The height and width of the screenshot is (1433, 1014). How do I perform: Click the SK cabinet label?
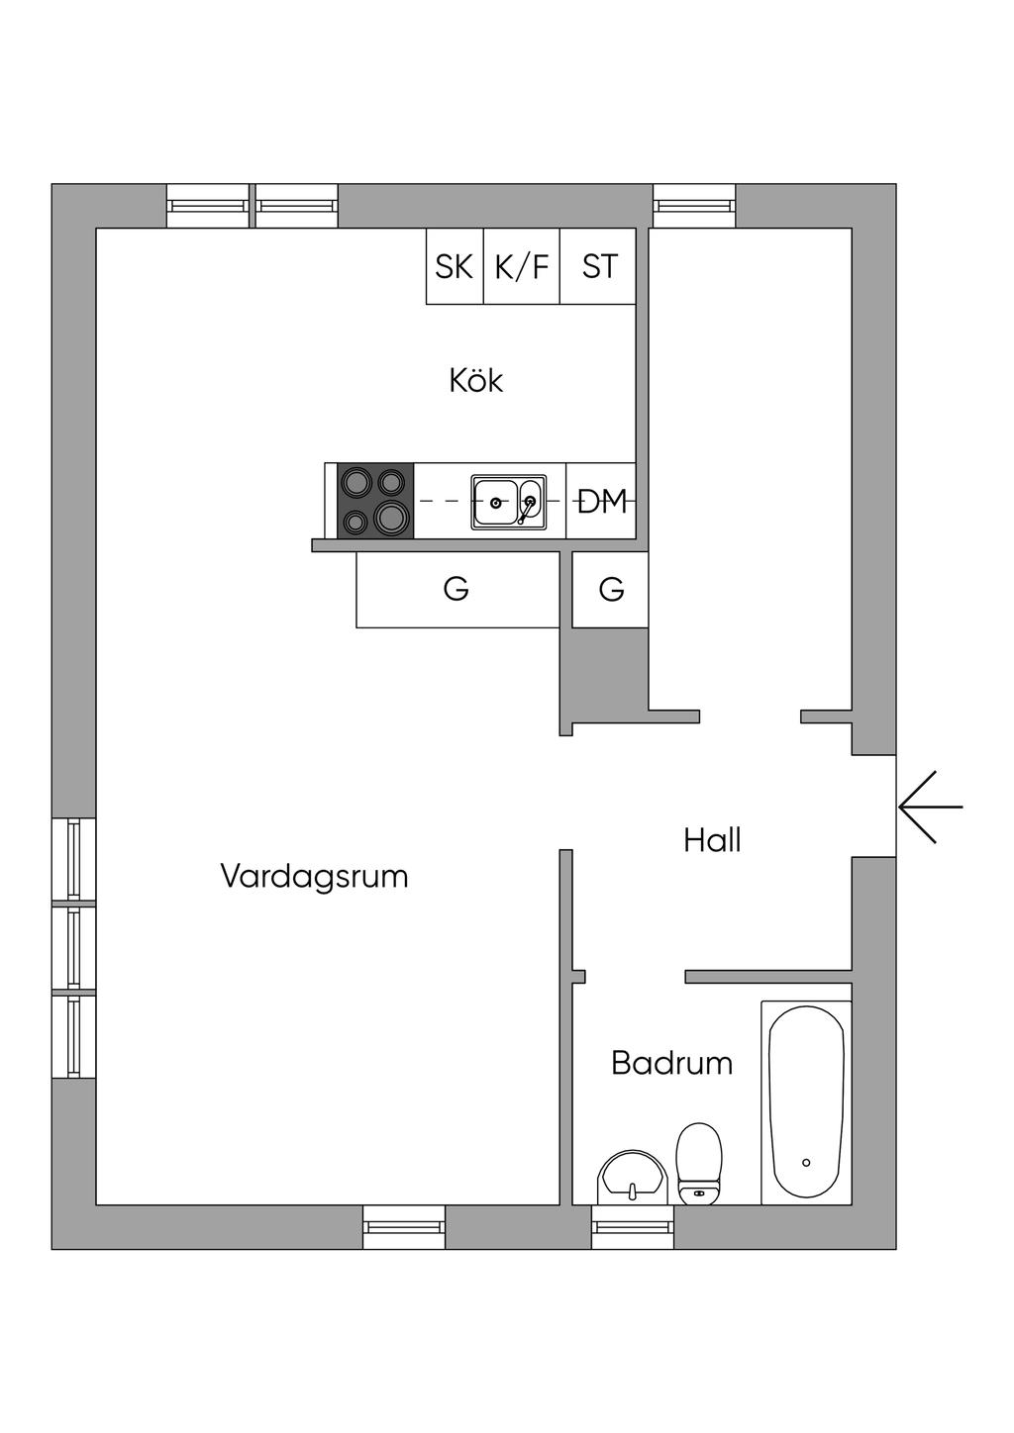[x=454, y=266]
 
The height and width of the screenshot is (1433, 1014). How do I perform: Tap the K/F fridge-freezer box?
[x=522, y=265]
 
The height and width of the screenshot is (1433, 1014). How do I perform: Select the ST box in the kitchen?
[x=598, y=265]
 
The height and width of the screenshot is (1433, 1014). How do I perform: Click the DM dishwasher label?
[x=602, y=501]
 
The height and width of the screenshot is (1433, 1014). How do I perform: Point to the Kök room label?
[x=475, y=381]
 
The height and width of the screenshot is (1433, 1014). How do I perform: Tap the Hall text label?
[x=712, y=840]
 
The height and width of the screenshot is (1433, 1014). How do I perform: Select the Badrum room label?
[x=671, y=1063]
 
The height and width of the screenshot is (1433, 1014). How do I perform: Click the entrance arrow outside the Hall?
[x=931, y=807]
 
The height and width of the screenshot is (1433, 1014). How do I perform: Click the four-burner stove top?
[x=375, y=501]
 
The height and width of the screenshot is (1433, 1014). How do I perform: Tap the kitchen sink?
[x=509, y=502]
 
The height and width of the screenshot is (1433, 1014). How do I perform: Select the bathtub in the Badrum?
[x=806, y=1102]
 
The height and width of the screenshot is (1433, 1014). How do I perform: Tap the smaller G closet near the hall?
[x=610, y=589]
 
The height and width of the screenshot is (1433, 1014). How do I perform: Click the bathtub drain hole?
[x=806, y=1163]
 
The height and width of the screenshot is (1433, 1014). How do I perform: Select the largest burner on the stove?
[x=391, y=517]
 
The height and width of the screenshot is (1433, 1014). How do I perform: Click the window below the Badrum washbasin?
[x=633, y=1227]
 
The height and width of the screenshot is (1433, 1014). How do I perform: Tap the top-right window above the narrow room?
[x=694, y=206]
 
